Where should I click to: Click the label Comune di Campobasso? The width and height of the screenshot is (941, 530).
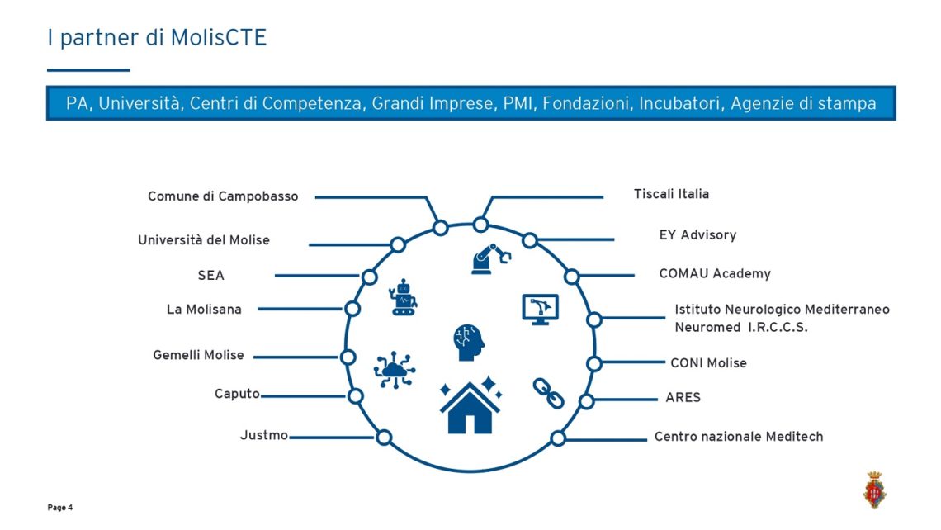pos(223,196)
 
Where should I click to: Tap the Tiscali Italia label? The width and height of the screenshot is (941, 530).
pos(671,194)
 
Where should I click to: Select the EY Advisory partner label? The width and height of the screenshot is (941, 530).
pos(697,235)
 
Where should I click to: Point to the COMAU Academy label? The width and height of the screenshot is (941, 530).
pos(715,274)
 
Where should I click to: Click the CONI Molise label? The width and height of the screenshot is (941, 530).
pos(708,363)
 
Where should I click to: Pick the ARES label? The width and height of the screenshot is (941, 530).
pos(683,397)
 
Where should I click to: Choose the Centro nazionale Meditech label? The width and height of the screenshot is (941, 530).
pos(739,437)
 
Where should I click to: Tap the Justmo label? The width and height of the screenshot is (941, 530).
pos(264,435)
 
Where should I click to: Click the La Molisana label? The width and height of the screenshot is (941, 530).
pos(204,309)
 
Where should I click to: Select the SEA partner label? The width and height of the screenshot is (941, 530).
pos(210,276)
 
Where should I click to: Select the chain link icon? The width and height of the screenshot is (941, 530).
pos(549,393)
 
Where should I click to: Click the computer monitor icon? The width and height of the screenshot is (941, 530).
pos(540,310)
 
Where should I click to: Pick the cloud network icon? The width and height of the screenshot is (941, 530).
pos(395,370)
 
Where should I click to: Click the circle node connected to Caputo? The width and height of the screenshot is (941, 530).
pos(355,396)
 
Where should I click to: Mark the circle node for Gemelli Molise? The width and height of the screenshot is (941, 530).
pos(348,357)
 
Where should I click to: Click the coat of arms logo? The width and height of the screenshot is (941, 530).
pos(874,490)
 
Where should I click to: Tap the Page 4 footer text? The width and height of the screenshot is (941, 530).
pos(60,508)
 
